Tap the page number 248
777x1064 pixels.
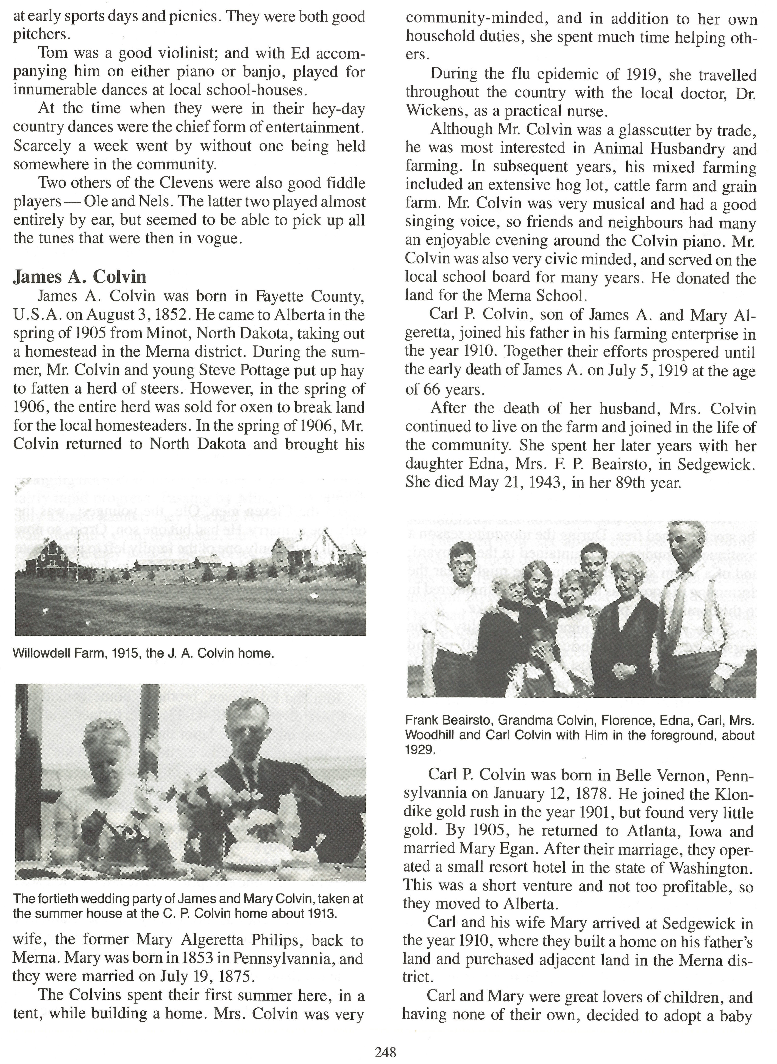click(x=386, y=1052)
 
